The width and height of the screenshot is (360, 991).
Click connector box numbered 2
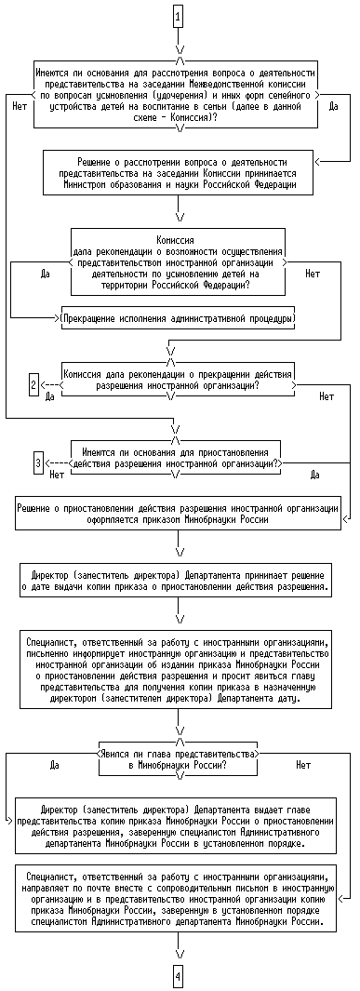coord(34,384)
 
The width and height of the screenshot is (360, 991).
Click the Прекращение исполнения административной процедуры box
coord(178,317)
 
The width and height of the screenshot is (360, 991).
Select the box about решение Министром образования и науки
coord(178,172)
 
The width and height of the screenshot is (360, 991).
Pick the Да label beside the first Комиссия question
coord(45,274)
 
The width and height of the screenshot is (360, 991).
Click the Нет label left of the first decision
coord(19,106)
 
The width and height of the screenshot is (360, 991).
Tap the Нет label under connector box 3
coord(57,475)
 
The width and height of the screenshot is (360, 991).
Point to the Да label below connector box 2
coord(50,397)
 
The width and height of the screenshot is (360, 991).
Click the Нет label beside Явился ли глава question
coord(303,766)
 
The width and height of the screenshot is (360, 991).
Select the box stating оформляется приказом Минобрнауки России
coord(178,513)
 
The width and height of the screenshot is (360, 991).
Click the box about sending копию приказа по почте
coord(178,900)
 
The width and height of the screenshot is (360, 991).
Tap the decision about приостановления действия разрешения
coord(178,458)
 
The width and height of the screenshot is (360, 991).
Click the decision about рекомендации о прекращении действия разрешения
coord(178,378)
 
